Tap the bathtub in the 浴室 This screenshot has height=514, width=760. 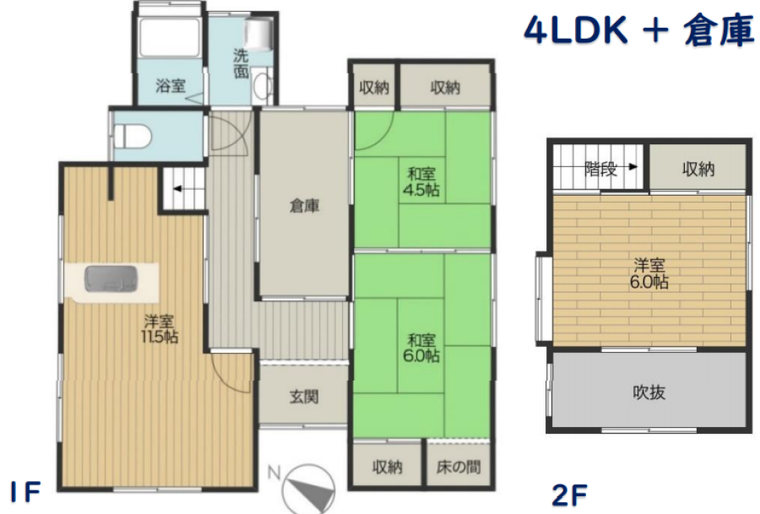point(170,38)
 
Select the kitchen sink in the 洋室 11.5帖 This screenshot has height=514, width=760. point(111,279)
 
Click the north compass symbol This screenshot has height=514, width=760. point(307,489)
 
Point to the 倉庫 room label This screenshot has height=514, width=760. point(304,207)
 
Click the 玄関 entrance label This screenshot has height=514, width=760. point(304,398)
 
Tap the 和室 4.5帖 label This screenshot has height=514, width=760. point(421,181)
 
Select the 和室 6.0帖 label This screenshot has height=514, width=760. point(421,348)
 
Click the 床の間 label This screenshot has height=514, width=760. point(459,467)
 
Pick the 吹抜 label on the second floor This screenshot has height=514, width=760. point(649,392)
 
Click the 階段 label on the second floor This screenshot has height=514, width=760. point(601,169)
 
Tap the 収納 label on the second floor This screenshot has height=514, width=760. point(698,169)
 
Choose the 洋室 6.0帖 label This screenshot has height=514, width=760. point(649,273)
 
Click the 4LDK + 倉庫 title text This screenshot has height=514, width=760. point(639,30)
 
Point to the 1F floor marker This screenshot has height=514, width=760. point(25,493)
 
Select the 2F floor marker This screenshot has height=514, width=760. point(569,495)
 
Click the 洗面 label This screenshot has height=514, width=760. point(241,63)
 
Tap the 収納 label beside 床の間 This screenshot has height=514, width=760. point(388,467)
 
